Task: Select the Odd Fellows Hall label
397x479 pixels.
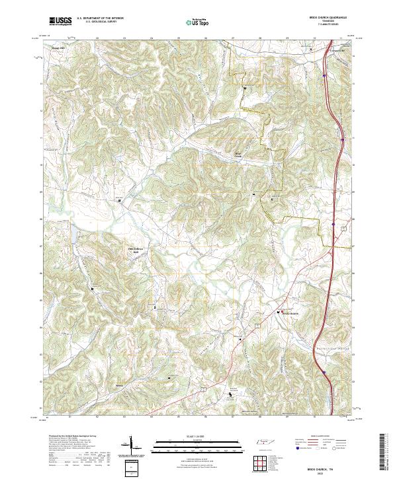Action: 134,250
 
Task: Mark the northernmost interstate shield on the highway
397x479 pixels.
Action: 326,76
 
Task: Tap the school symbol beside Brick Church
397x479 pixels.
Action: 279,313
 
